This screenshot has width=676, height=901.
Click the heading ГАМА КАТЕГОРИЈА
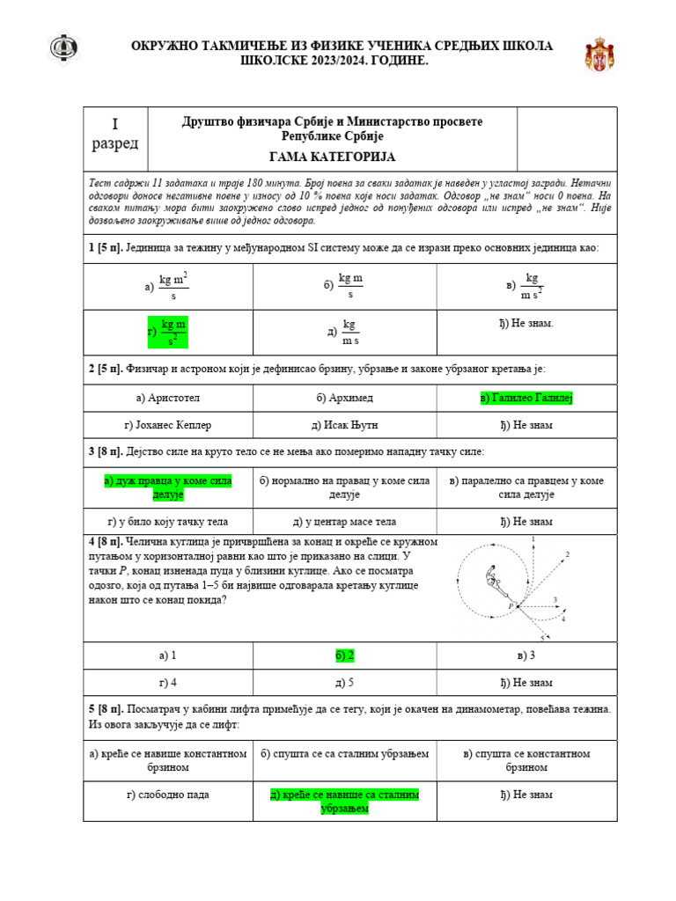pyautogui.click(x=332, y=157)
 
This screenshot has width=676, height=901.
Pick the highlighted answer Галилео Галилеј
pyautogui.click(x=526, y=399)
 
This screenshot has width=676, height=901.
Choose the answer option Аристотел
pyautogui.click(x=167, y=399)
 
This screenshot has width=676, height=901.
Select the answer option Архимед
pyautogui.click(x=344, y=399)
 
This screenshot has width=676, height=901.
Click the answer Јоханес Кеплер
pyautogui.click(x=167, y=425)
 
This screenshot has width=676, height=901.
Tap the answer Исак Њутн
pyautogui.click(x=344, y=425)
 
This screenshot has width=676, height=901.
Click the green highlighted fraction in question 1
pyautogui.click(x=168, y=332)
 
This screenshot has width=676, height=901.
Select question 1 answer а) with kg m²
pyautogui.click(x=167, y=287)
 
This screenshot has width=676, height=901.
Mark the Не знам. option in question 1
pyautogui.click(x=526, y=324)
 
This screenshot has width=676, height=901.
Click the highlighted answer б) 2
pyautogui.click(x=344, y=656)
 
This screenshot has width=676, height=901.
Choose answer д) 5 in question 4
pyautogui.click(x=344, y=682)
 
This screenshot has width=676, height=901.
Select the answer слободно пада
pyautogui.click(x=167, y=795)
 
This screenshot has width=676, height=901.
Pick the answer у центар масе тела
pyautogui.click(x=344, y=522)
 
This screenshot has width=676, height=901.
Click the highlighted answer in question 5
pyautogui.click(x=344, y=801)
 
